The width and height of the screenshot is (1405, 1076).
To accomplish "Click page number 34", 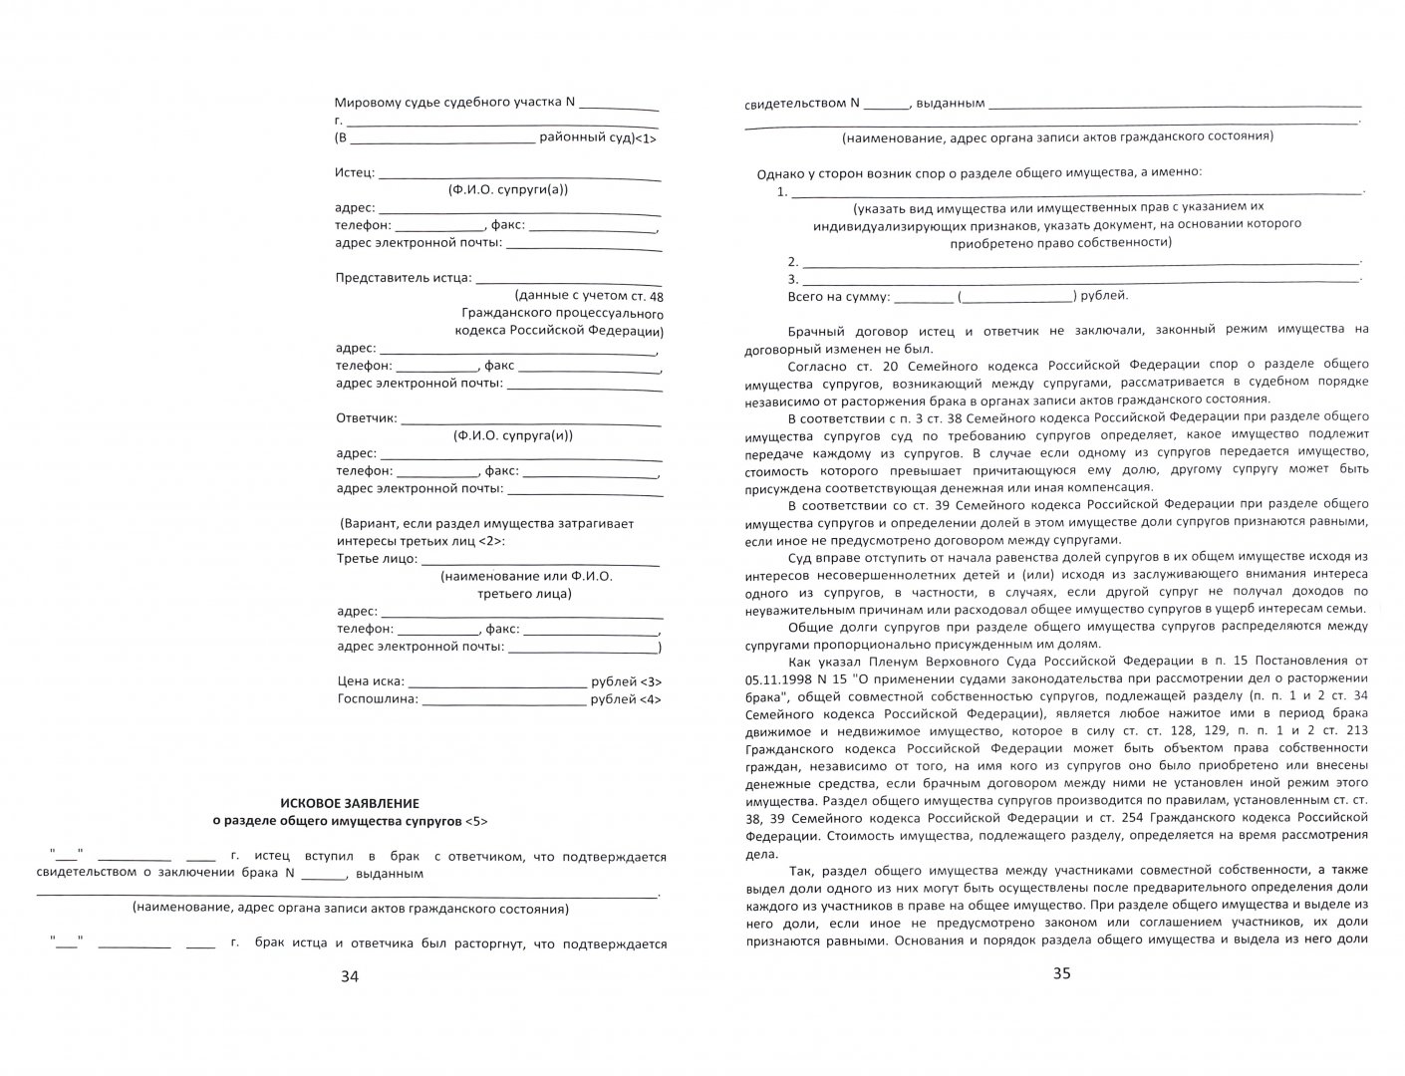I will pyautogui.click(x=349, y=976).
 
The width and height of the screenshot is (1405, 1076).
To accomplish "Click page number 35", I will pyautogui.click(x=1061, y=973).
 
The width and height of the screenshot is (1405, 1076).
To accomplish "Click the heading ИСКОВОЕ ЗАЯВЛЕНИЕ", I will pyautogui.click(x=349, y=802).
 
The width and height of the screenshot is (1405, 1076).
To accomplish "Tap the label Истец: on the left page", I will pyautogui.click(x=355, y=172).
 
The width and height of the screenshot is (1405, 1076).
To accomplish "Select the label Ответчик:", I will pyautogui.click(x=366, y=418).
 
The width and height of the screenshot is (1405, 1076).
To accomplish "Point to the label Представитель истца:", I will pyautogui.click(x=404, y=278).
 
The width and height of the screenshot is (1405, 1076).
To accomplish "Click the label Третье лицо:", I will pyautogui.click(x=377, y=559).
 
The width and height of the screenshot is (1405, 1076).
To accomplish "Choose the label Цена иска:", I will pyautogui.click(x=370, y=681).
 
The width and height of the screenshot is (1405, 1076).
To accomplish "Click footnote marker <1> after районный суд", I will pyautogui.click(x=646, y=138).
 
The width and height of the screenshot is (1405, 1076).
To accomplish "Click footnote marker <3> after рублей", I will pyautogui.click(x=650, y=681).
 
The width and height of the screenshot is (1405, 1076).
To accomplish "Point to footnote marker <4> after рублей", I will pyautogui.click(x=650, y=699).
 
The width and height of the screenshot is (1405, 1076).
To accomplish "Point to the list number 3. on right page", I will pyautogui.click(x=793, y=279).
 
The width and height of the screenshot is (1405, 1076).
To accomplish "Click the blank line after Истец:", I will pyautogui.click(x=519, y=175).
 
